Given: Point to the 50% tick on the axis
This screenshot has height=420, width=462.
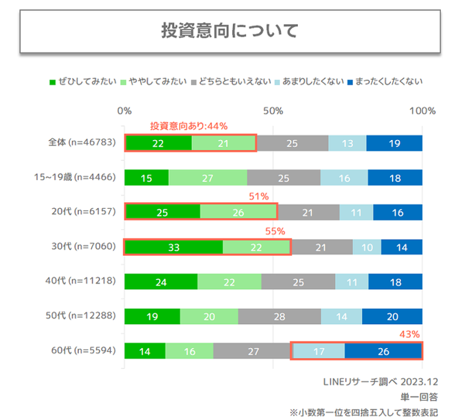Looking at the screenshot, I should [x=273, y=111].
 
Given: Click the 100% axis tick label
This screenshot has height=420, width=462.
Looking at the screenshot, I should [x=422, y=111].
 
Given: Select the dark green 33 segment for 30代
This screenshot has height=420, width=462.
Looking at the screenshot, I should [x=174, y=247].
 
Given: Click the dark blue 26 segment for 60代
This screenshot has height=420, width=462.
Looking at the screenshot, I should [x=383, y=351].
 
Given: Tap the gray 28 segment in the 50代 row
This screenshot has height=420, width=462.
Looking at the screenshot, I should [x=279, y=317].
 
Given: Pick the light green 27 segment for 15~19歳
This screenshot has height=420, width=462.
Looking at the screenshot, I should [x=208, y=177].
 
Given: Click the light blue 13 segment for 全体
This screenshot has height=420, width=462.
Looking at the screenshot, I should [x=347, y=143].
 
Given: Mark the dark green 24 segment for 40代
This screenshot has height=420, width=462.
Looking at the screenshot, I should [x=161, y=282].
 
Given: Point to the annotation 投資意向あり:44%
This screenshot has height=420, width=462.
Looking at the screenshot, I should [x=188, y=126].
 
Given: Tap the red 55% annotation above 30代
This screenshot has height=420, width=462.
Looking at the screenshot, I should [x=275, y=231].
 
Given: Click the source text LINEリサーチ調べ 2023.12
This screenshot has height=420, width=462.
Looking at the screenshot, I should [x=380, y=382].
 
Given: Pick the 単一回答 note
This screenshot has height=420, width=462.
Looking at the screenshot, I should [x=420, y=397].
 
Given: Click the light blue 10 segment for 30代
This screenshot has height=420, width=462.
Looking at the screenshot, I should [x=367, y=247].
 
